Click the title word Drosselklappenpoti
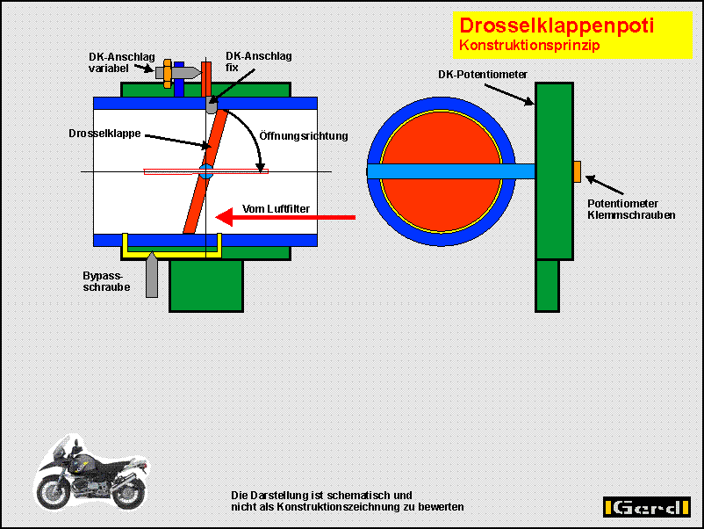[x=557, y=25]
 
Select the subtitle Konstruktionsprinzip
[x=529, y=46]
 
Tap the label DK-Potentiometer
[x=483, y=74]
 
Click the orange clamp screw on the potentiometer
[x=577, y=171]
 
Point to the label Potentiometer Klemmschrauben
[x=631, y=209]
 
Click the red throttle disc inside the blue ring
[x=441, y=171]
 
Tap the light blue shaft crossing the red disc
[x=451, y=171]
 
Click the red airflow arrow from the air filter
[x=285, y=218]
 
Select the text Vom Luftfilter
[x=276, y=208]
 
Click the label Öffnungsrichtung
[x=304, y=135]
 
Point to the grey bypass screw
[x=152, y=274]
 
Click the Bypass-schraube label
[x=106, y=281]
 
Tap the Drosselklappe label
[x=104, y=134]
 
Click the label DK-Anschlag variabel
[x=121, y=62]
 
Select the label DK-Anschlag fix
[x=259, y=62]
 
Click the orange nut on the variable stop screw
[x=168, y=73]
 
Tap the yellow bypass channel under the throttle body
[x=172, y=253]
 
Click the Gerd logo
[x=647, y=507]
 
